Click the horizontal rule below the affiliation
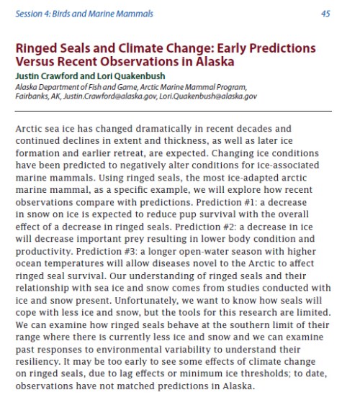[x=173, y=111]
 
